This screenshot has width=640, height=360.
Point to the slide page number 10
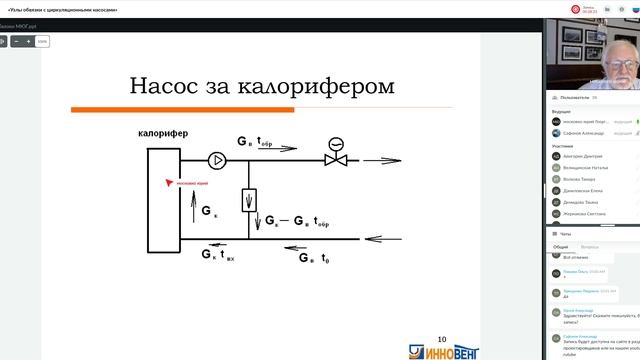click(443, 339)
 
